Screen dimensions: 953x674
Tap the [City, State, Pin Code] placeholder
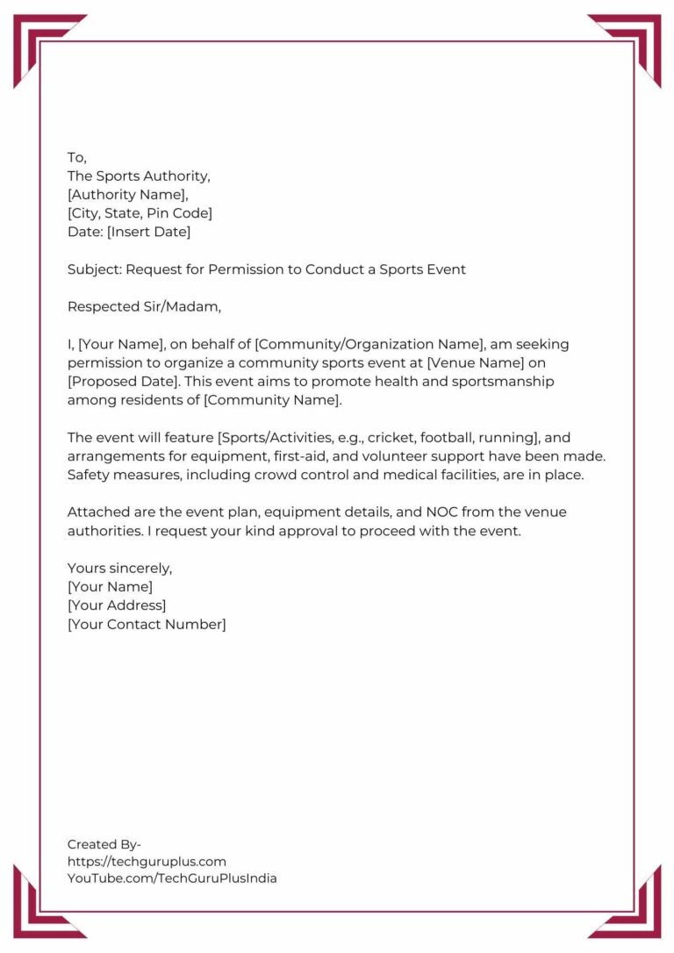coord(140,213)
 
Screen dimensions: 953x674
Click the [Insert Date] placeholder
coord(148,233)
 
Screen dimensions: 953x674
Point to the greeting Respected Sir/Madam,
coord(145,307)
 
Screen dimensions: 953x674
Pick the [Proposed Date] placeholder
coord(119,382)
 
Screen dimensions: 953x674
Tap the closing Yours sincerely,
coord(120,569)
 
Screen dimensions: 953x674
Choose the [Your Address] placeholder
coord(117,605)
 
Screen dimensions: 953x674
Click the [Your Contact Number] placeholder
coord(147,625)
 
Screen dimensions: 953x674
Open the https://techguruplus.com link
coord(147,862)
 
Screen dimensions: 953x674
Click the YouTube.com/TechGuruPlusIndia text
coord(172,878)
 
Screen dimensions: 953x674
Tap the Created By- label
coord(104,844)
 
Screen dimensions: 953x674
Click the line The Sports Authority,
coord(139,176)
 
